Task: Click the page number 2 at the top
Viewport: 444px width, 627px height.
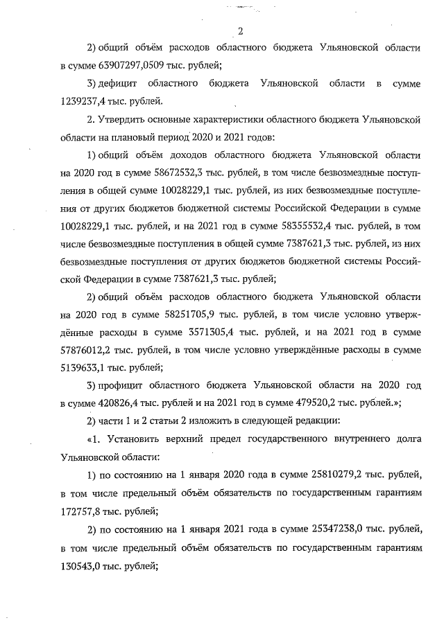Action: tap(240, 30)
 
